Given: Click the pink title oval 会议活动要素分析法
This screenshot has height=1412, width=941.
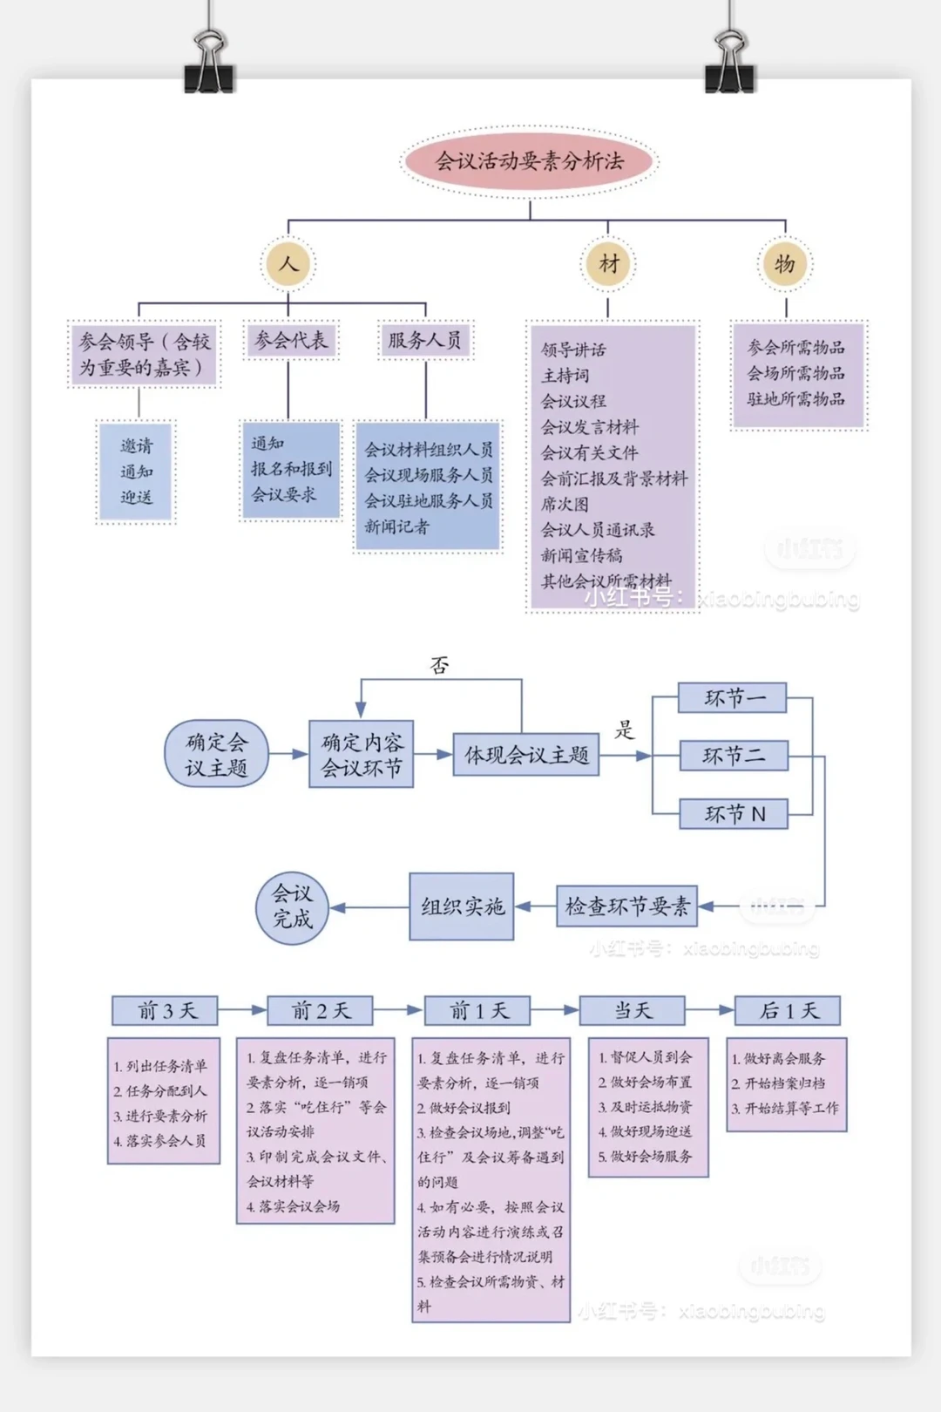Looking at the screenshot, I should click(x=530, y=161).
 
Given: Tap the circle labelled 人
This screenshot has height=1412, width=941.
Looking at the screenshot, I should click(x=288, y=263).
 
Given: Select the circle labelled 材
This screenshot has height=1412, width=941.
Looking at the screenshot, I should click(x=608, y=263).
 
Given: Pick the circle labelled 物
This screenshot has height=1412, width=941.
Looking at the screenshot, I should click(x=785, y=263).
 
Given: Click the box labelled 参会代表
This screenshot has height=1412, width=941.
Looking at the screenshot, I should click(x=291, y=340).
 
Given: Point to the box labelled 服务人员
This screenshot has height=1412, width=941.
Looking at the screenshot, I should click(x=425, y=340).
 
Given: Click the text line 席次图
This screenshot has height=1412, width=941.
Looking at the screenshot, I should click(x=565, y=504).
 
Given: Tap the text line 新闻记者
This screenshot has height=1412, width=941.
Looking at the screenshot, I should click(x=396, y=526).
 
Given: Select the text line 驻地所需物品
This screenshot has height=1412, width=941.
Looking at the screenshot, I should click(x=795, y=399).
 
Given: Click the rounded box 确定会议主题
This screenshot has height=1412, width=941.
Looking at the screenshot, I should click(x=216, y=754).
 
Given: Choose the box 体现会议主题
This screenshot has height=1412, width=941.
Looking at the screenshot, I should click(x=526, y=755).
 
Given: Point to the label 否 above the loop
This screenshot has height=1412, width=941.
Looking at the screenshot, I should click(x=440, y=666).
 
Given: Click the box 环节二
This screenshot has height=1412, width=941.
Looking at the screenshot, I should click(x=734, y=756).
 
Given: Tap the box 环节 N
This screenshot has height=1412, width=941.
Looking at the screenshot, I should click(x=734, y=814).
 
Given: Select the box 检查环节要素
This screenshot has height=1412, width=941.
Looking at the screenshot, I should click(x=627, y=906).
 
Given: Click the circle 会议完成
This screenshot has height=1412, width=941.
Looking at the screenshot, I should click(x=292, y=906).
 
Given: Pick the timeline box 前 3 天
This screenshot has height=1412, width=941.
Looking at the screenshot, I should click(x=166, y=1011).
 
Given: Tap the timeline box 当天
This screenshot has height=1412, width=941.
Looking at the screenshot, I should click(x=633, y=1011).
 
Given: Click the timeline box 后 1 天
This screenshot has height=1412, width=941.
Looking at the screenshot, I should click(x=789, y=1011).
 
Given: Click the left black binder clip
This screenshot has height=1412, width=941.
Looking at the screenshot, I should click(x=209, y=65).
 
